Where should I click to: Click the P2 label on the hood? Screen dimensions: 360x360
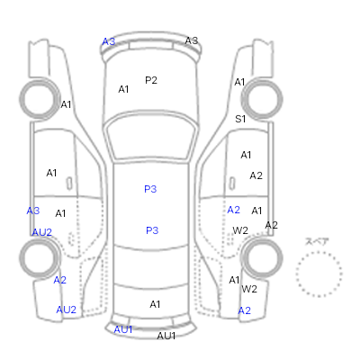(151, 80)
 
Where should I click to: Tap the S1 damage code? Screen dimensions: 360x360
(240, 119)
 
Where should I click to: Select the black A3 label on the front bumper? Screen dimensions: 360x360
(192, 40)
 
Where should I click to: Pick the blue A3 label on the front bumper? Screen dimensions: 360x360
(109, 41)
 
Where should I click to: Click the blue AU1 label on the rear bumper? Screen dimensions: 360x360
(123, 329)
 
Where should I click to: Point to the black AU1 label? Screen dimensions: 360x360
(166, 336)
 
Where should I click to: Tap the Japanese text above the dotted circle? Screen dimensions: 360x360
(317, 241)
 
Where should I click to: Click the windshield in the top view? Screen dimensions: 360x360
(152, 137)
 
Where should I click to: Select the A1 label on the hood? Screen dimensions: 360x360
(123, 89)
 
